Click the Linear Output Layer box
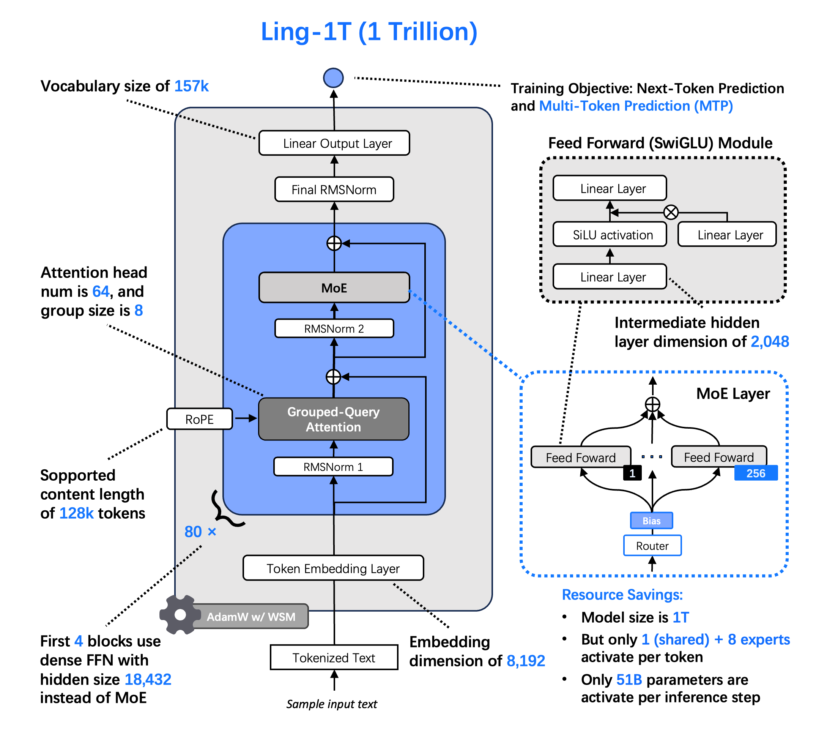(x=334, y=143)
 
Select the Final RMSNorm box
(x=334, y=189)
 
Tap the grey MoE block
(x=334, y=287)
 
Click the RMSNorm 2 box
(x=334, y=328)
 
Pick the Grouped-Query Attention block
(x=334, y=419)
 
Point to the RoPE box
(x=199, y=419)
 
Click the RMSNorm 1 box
(x=333, y=467)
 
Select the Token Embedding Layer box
(x=333, y=568)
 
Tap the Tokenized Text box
(x=334, y=657)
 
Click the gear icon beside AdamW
(x=180, y=614)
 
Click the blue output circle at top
(x=333, y=78)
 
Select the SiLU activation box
(x=610, y=234)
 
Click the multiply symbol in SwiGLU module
(x=671, y=212)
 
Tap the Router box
(x=652, y=546)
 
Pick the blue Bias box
(x=651, y=520)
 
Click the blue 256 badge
(x=756, y=473)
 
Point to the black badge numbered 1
(x=632, y=473)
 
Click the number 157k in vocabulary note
(x=191, y=86)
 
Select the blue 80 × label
(x=200, y=532)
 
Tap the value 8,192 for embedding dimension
(x=526, y=661)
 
